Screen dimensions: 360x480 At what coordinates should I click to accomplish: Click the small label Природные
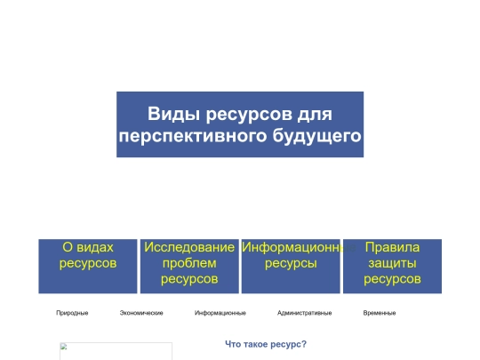coord(72,313)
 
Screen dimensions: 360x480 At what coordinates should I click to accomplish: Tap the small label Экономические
coord(141,313)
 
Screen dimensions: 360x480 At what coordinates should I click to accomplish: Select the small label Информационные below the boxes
coord(220,313)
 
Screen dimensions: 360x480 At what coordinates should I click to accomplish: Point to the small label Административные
coord(304,313)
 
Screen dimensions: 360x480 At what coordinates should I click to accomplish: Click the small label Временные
coord(380,313)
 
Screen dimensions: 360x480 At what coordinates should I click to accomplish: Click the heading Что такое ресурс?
coord(266,344)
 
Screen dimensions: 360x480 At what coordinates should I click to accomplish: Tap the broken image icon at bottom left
coord(64,348)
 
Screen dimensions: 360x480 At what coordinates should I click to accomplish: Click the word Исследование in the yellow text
coord(189,247)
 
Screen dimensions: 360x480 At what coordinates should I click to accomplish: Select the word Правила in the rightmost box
coord(392,247)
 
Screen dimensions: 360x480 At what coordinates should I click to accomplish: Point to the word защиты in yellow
coord(392,263)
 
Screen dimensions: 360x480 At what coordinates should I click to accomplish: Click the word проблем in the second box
coord(189,263)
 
